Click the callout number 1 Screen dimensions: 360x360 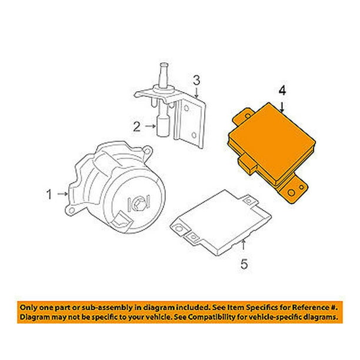(49, 195)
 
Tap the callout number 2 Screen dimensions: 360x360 (137, 126)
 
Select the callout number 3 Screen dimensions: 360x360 (196, 81)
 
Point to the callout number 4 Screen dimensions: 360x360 (282, 91)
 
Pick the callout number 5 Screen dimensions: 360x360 (244, 264)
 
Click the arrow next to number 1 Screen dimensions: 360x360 (62, 194)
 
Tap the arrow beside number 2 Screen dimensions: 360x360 (151, 126)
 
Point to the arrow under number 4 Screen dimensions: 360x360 (282, 107)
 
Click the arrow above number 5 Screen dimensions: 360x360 (244, 245)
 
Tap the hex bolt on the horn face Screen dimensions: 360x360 (139, 202)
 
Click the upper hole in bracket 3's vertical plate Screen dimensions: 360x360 (186, 108)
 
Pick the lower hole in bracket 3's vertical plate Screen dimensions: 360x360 (194, 135)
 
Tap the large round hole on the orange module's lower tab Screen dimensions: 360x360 (292, 193)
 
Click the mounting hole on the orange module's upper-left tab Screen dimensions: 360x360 (248, 116)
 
